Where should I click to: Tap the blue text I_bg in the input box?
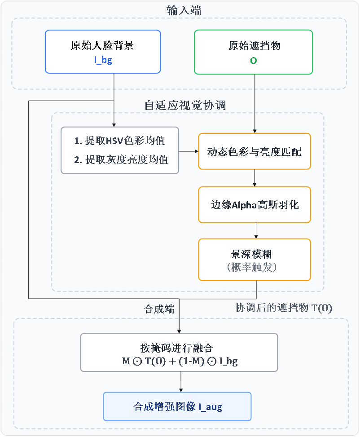pyautogui.click(x=103, y=60)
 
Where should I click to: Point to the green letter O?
pyautogui.click(x=254, y=60)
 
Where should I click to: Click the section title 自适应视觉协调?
pyautogui.click(x=184, y=106)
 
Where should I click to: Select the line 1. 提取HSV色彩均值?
pyautogui.click(x=119, y=141)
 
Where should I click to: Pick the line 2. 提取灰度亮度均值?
pyautogui.click(x=121, y=159)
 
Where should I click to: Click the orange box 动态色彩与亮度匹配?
pyautogui.click(x=255, y=151)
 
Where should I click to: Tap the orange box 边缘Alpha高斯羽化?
pyautogui.click(x=255, y=205)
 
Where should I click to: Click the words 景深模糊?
pyautogui.click(x=255, y=254)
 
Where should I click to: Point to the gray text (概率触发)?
pyautogui.click(x=255, y=268)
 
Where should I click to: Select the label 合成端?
pyautogui.click(x=159, y=309)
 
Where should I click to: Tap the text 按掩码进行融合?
pyautogui.click(x=179, y=348)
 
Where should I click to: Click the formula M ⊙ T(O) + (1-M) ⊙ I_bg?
pyautogui.click(x=179, y=361)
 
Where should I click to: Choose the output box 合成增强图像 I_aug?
pyautogui.click(x=177, y=407)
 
